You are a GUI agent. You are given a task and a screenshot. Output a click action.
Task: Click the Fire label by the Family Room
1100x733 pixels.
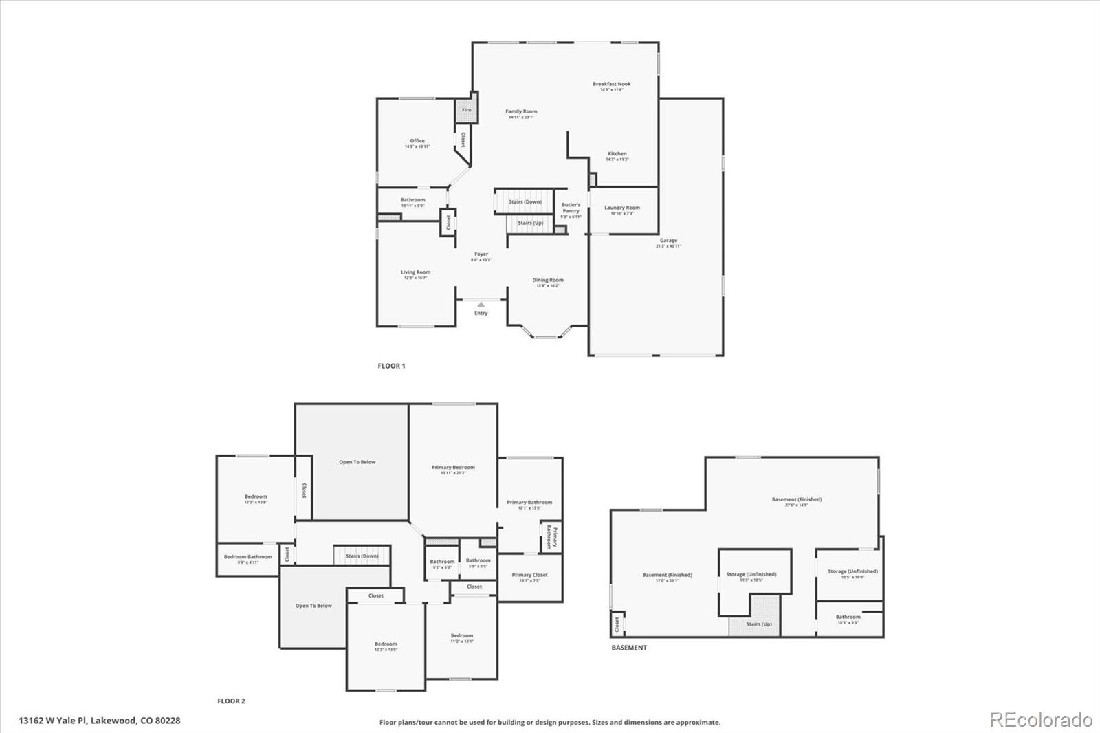[x=466, y=110]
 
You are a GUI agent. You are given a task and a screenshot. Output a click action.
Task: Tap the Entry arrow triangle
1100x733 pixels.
[x=481, y=304]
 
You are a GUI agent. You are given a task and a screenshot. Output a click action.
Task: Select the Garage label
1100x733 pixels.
[x=668, y=241]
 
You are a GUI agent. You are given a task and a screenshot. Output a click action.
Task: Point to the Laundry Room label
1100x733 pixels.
[x=621, y=208]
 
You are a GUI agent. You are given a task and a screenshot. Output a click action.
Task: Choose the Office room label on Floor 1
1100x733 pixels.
[x=417, y=141]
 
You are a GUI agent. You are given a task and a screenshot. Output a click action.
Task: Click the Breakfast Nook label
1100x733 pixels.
[x=611, y=85]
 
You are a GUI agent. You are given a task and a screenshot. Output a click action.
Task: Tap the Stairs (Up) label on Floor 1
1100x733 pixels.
[x=530, y=223]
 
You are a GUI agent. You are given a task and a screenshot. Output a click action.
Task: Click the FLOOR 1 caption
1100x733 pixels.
[x=391, y=366]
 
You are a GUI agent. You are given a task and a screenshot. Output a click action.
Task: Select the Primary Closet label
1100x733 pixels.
[x=529, y=575]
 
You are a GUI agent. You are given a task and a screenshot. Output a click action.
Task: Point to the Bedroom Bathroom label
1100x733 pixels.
[x=247, y=557]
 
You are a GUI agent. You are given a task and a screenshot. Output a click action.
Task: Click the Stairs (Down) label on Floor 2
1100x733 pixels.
[x=362, y=556]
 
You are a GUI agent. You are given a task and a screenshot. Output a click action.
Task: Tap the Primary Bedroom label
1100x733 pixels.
[x=453, y=468]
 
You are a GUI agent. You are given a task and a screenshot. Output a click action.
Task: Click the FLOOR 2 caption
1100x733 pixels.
[x=231, y=701]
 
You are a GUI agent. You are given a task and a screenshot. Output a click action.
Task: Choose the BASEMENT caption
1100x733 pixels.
[x=628, y=648]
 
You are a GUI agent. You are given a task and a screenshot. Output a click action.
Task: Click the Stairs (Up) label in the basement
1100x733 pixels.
[x=758, y=624]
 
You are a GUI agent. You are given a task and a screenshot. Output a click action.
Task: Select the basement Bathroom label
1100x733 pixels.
[x=848, y=617]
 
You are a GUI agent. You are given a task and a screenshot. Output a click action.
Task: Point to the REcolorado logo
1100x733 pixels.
[x=1040, y=720]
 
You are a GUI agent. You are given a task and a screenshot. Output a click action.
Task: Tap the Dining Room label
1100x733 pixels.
[x=548, y=281]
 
